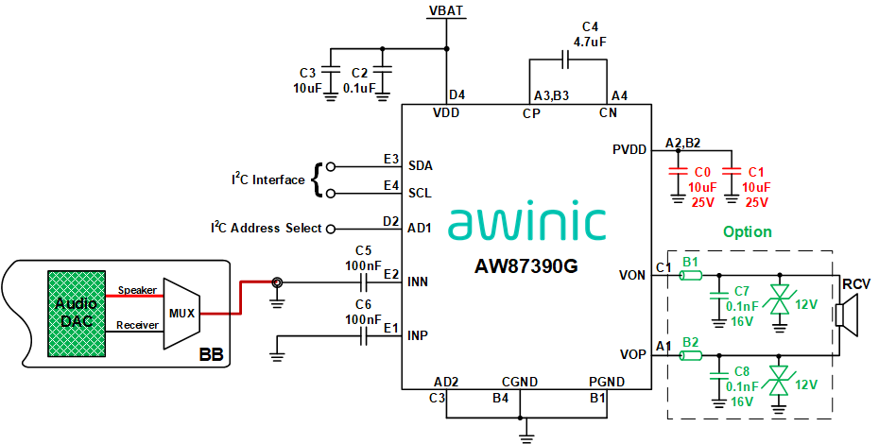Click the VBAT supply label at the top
446,10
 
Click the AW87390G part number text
526,265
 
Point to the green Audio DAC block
77,313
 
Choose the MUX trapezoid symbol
181,313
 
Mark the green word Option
747,231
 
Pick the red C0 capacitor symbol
677,173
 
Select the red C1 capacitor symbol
732,173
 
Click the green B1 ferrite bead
691,276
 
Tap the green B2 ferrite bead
691,355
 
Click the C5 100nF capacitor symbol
363,282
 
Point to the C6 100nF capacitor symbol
363,335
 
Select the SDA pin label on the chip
421,165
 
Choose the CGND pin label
520,382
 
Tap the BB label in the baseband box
211,356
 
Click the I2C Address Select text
266,228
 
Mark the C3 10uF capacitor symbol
330,71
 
